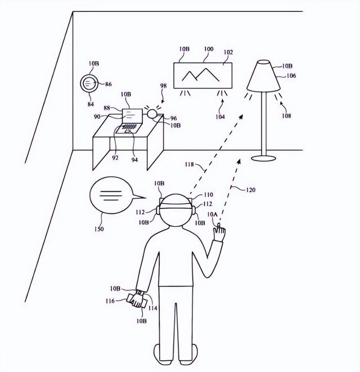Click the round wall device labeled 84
click(89, 84)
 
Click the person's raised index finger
click(220, 229)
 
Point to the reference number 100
click(208, 50)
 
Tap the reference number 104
click(219, 116)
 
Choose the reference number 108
click(286, 116)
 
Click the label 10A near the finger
click(212, 215)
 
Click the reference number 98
click(163, 86)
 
